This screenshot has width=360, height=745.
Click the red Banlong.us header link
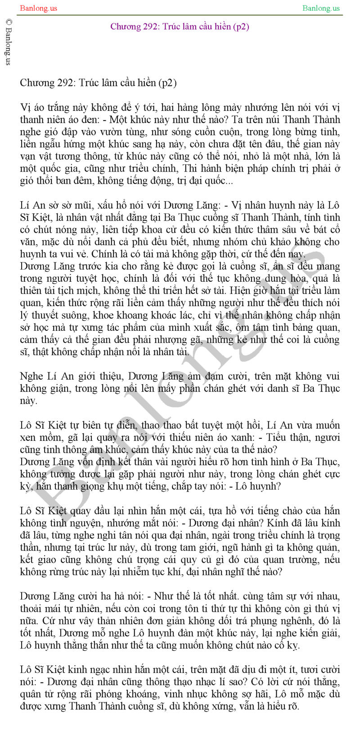pos(38,8)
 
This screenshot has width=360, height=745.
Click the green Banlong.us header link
pos(321,8)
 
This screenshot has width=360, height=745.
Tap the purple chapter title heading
pos(180,27)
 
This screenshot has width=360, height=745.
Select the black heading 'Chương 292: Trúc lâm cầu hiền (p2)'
pos(98,83)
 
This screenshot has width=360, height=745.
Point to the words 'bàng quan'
pos(320,327)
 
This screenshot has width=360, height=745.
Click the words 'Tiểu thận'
pos(288,438)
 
